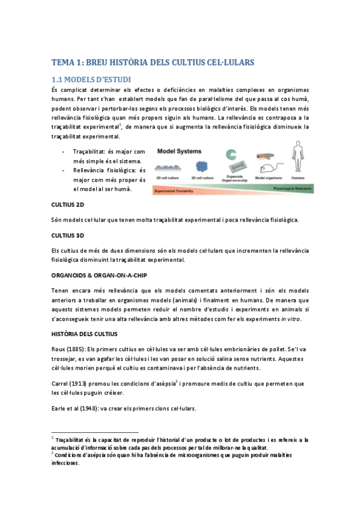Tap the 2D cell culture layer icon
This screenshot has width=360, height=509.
(x=169, y=169)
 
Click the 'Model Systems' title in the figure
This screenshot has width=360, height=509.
(x=180, y=151)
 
